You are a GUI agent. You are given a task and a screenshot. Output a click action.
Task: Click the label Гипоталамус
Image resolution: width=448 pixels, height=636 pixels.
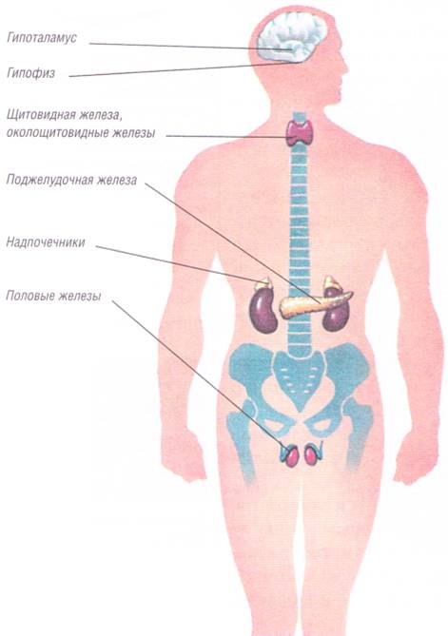pos(42,39)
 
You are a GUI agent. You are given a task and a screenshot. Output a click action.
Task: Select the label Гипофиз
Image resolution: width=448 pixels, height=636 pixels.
pos(30,73)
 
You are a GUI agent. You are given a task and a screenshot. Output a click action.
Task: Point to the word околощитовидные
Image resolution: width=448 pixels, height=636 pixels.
pos(56,133)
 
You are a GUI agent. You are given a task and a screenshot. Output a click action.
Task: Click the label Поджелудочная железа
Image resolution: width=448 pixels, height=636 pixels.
pos(71,180)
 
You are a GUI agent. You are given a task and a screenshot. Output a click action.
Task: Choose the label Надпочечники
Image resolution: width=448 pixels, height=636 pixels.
pos(46,242)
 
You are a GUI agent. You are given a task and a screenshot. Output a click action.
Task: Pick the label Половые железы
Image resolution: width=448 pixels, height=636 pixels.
pos(53,296)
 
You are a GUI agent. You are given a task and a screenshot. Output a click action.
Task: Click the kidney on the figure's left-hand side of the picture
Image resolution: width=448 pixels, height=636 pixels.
pos(263,310)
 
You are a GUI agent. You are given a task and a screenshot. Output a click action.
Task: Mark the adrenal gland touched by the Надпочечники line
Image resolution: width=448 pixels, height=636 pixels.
pos(263,283)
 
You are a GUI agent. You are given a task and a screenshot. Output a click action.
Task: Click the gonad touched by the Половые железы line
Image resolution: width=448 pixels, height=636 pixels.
pos(291,456)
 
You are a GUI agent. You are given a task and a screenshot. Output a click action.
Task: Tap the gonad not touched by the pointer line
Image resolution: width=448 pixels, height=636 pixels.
pos(312,455)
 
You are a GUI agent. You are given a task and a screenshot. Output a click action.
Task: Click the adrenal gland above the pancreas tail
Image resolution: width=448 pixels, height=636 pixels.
pos(332,282)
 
